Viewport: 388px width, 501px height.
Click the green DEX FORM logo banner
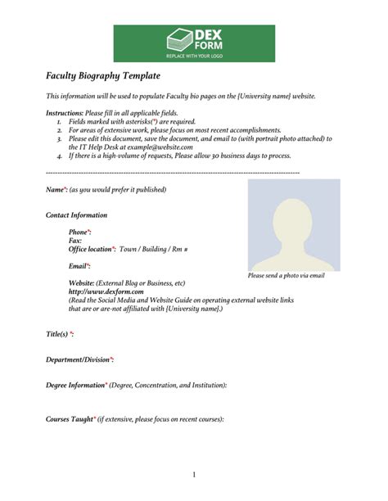(193, 43)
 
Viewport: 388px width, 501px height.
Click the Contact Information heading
(77, 215)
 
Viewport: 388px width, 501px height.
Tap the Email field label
(79, 266)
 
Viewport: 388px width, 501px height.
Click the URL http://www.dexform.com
(106, 291)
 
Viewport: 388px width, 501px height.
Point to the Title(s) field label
(60, 334)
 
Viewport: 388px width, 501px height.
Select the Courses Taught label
(70, 419)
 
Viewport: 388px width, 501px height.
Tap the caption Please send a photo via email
(286, 276)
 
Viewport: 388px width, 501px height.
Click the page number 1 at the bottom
(194, 475)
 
